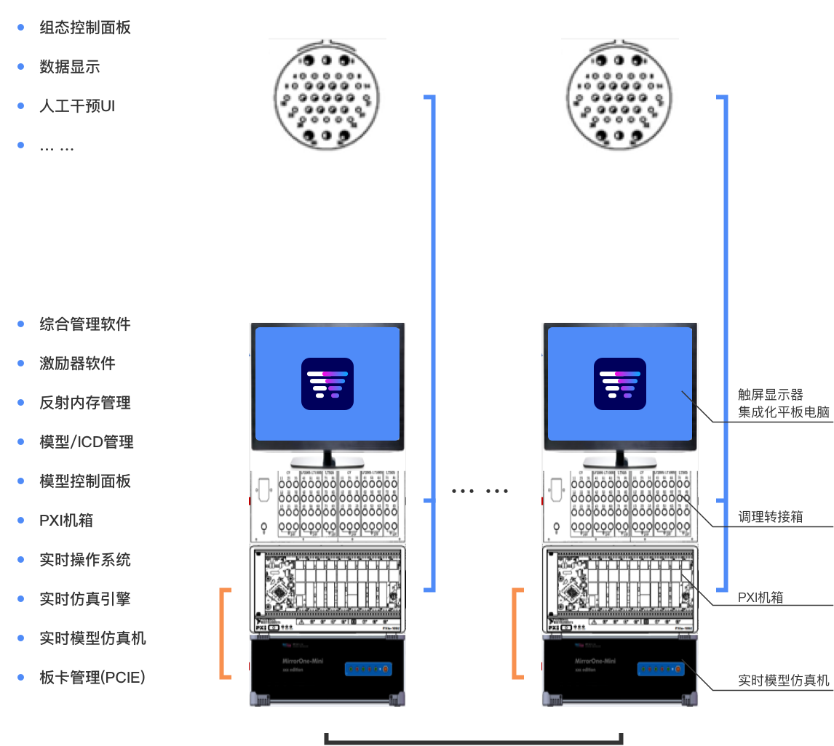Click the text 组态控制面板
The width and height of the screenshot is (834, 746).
pyautogui.click(x=85, y=28)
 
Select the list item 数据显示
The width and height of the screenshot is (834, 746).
pyautogui.click(x=70, y=67)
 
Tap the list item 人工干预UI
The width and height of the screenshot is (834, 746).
pyautogui.click(x=77, y=106)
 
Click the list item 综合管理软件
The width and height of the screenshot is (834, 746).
pyautogui.click(x=85, y=324)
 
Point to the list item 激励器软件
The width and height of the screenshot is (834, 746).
pyautogui.click(x=77, y=364)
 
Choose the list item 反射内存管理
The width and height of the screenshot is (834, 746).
pyautogui.click(x=85, y=403)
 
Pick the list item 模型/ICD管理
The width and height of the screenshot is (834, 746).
pyautogui.click(x=87, y=442)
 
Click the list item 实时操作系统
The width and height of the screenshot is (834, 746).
pyautogui.click(x=85, y=560)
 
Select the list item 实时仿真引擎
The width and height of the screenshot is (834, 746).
pyautogui.click(x=85, y=599)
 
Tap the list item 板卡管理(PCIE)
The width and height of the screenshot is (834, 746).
pyautogui.click(x=92, y=678)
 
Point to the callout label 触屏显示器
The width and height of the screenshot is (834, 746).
pyautogui.click(x=771, y=395)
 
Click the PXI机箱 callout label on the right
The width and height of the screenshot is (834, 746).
pyautogui.click(x=760, y=598)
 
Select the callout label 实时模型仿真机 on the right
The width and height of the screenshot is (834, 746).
pyautogui.click(x=783, y=681)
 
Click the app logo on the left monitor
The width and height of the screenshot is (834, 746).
pyautogui.click(x=327, y=383)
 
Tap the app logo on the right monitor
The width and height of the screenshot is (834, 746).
pyautogui.click(x=620, y=383)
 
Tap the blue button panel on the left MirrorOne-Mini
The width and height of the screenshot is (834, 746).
pyautogui.click(x=369, y=669)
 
